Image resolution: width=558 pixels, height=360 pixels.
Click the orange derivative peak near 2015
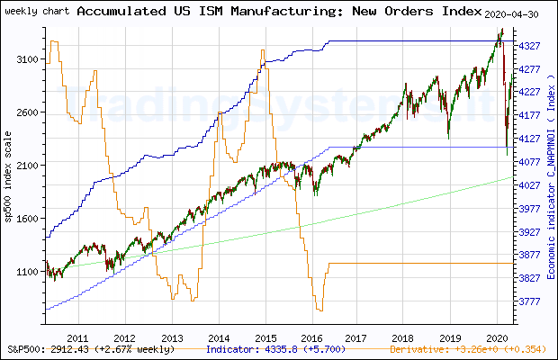pos(262,51)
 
